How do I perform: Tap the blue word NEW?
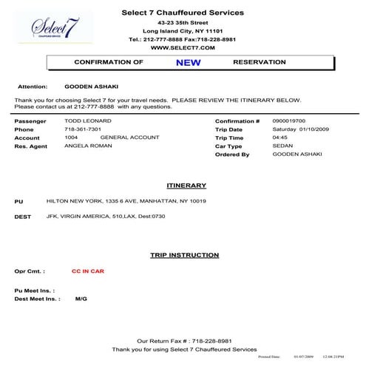coord(188,63)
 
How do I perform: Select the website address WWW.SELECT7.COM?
coord(183,47)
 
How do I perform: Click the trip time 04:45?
coord(279,138)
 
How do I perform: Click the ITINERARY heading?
coord(186,186)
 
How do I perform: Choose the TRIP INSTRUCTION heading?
coord(184,255)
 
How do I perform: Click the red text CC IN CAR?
coord(88,271)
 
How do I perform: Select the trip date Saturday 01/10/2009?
coord(301,129)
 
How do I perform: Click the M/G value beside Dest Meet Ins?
coord(81,299)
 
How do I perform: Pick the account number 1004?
coord(71,138)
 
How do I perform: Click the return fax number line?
coord(184,341)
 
